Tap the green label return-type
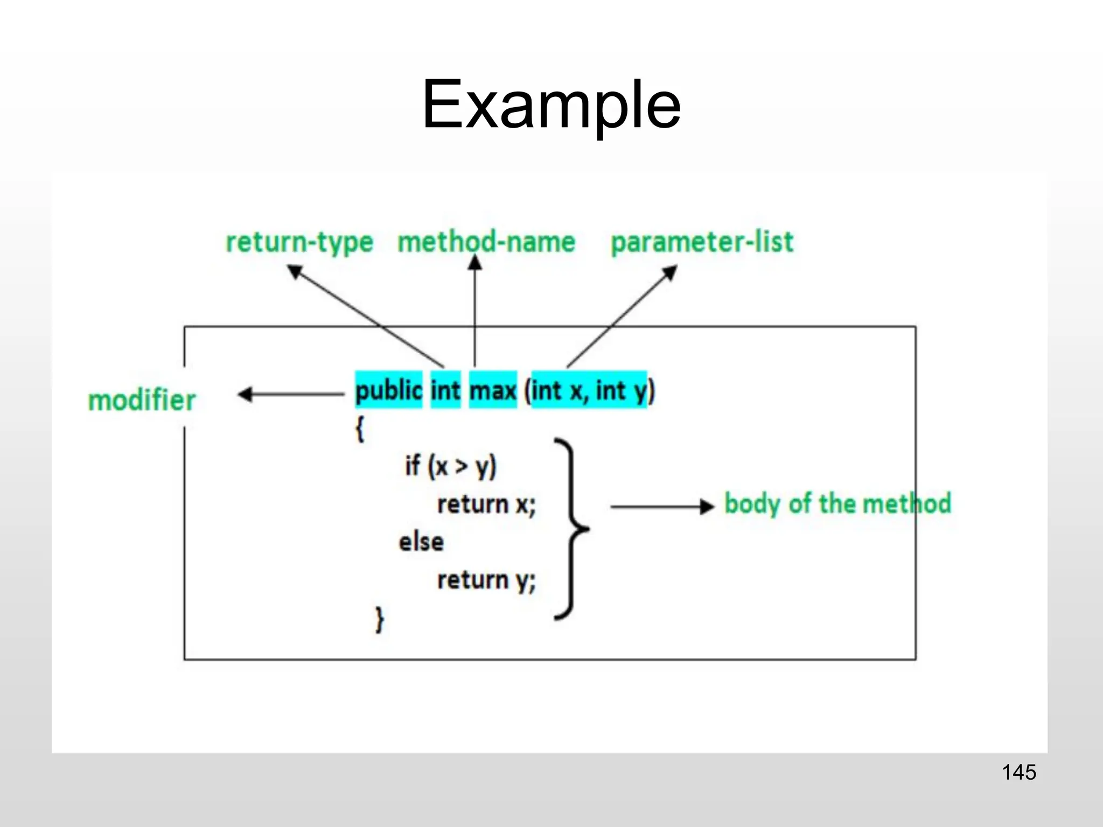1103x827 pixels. [299, 242]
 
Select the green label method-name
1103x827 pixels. [486, 242]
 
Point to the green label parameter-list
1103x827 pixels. [702, 242]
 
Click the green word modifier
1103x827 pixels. [142, 401]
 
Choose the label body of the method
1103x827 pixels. [837, 504]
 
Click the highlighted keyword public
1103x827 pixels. [388, 390]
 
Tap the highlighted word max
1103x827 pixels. [493, 390]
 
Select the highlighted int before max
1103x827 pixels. [445, 390]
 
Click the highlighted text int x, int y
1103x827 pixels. [589, 390]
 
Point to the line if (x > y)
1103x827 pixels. [450, 466]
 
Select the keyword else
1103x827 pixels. [421, 542]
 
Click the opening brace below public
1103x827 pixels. [360, 430]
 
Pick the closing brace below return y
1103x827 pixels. [380, 619]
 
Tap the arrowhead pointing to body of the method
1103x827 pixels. [707, 507]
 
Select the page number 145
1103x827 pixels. [1019, 772]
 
